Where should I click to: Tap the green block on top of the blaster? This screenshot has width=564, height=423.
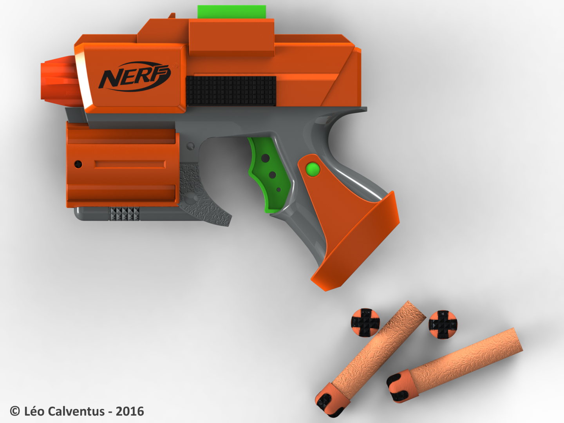[231, 12]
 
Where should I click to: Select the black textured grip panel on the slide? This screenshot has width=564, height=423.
[231, 90]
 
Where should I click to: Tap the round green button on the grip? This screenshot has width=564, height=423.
[313, 170]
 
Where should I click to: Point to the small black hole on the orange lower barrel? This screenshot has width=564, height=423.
[78, 164]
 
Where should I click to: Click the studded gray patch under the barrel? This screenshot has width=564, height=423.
[124, 213]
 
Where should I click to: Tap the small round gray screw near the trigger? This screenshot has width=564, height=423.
[191, 146]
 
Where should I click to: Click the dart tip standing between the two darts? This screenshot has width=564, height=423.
[443, 324]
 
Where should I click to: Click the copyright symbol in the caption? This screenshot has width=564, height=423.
[15, 411]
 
